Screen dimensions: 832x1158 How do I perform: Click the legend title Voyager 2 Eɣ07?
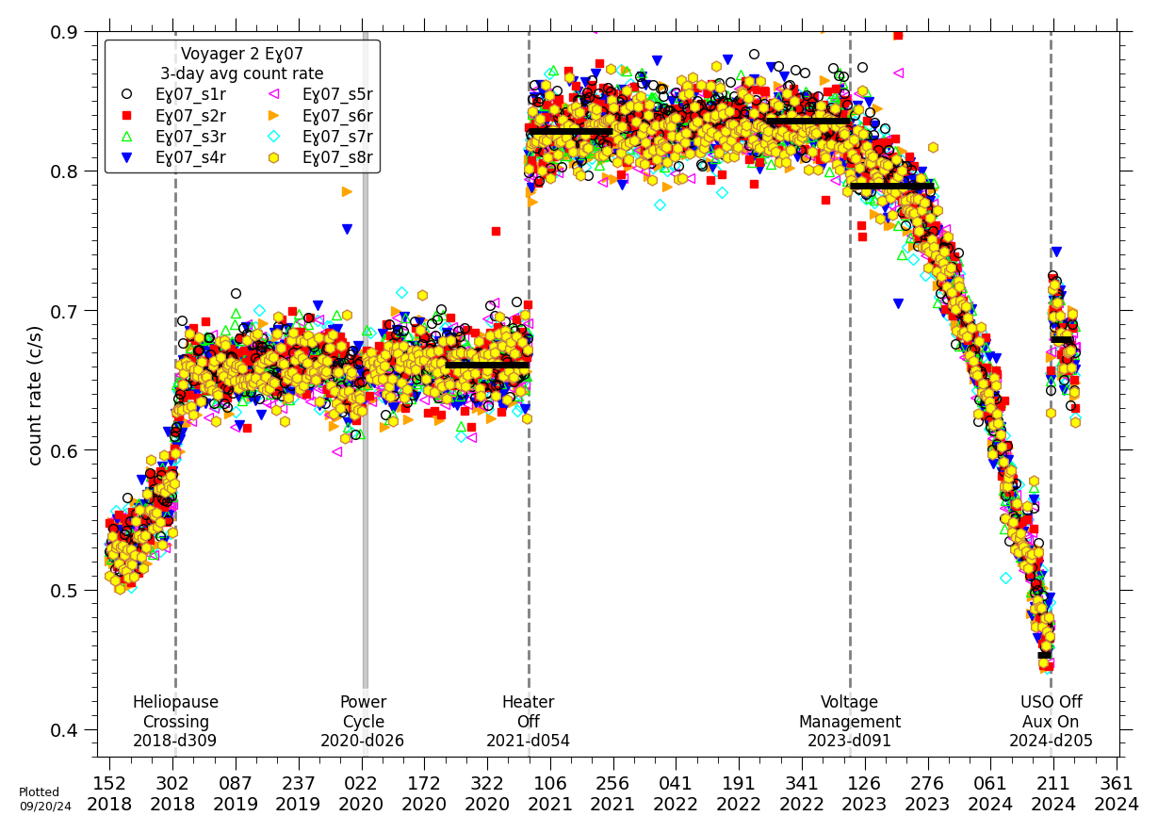(242, 54)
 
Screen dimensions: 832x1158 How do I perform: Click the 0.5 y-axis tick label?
(65, 590)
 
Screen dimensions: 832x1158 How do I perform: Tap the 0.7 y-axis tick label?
(65, 311)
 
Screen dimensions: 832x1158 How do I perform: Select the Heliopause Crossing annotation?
(175, 722)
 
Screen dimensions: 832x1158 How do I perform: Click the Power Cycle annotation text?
(364, 722)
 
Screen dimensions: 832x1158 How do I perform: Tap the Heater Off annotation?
(528, 722)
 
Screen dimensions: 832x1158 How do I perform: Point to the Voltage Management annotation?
(850, 722)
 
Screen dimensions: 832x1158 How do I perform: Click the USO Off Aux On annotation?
(1052, 722)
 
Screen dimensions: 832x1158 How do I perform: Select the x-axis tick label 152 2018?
(109, 793)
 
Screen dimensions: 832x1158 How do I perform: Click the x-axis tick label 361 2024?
(1117, 793)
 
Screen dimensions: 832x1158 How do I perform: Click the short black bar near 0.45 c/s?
(1044, 655)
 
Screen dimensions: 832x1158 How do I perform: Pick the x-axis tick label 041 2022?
(677, 793)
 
